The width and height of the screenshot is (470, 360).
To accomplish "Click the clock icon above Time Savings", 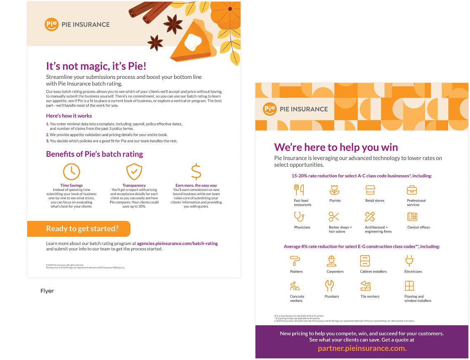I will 71,172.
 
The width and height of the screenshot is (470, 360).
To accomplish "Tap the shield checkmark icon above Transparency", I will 134,172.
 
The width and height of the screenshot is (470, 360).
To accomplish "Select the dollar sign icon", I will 196,172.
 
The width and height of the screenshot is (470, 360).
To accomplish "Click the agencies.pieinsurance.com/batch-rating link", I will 177,243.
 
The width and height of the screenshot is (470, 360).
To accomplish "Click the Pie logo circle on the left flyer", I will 52,24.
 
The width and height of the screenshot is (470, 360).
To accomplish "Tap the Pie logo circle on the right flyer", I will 270,109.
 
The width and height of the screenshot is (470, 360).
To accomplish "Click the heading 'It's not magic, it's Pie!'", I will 96,66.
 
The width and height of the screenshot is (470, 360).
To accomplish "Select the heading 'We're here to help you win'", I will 336,147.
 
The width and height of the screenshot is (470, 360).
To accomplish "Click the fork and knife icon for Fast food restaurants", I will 299,190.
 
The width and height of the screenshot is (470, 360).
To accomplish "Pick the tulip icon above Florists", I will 334,190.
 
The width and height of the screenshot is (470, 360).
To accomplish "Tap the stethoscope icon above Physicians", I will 299,216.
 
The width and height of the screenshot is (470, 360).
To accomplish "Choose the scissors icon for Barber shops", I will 334,216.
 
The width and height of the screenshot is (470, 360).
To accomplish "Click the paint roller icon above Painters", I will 295,261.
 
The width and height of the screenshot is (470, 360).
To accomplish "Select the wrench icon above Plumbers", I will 329,285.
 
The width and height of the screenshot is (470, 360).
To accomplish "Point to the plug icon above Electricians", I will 409,261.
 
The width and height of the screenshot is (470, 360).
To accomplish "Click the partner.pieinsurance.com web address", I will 362,348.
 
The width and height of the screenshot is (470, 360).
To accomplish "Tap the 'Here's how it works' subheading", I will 69,116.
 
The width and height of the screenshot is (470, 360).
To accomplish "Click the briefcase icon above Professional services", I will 412,190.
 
